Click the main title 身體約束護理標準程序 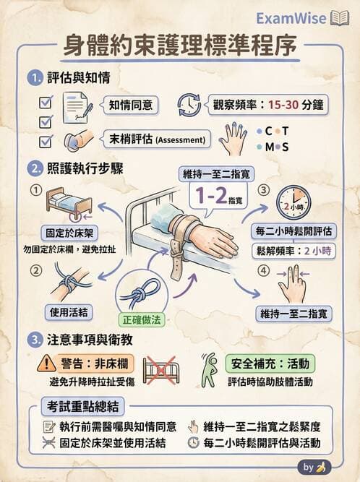tap(179, 47)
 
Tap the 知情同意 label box tap(131, 106)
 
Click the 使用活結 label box tap(69, 311)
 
